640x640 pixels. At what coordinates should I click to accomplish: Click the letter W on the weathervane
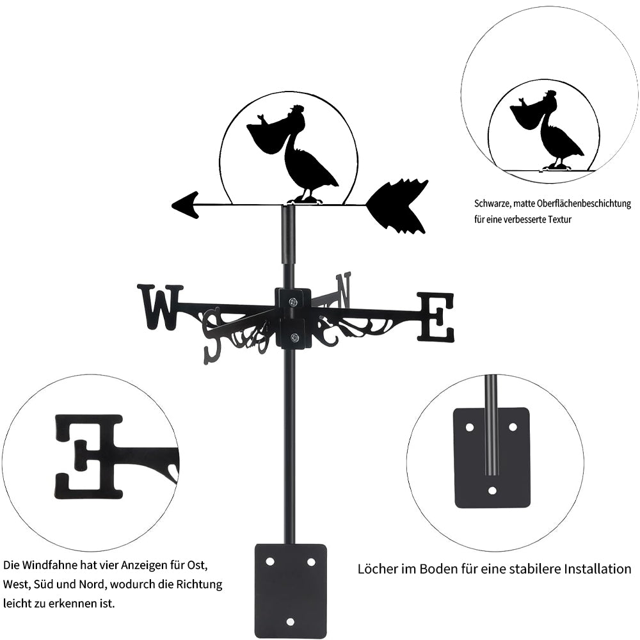tap(159, 307)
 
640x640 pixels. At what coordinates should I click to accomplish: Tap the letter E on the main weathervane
tap(436, 317)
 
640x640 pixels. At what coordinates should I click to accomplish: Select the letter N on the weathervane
tap(344, 289)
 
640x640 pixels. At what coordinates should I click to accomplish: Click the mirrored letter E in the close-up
tap(90, 456)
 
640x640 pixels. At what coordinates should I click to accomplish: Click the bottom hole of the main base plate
tap(290, 621)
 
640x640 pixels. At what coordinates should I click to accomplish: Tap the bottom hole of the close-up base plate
tap(492, 491)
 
